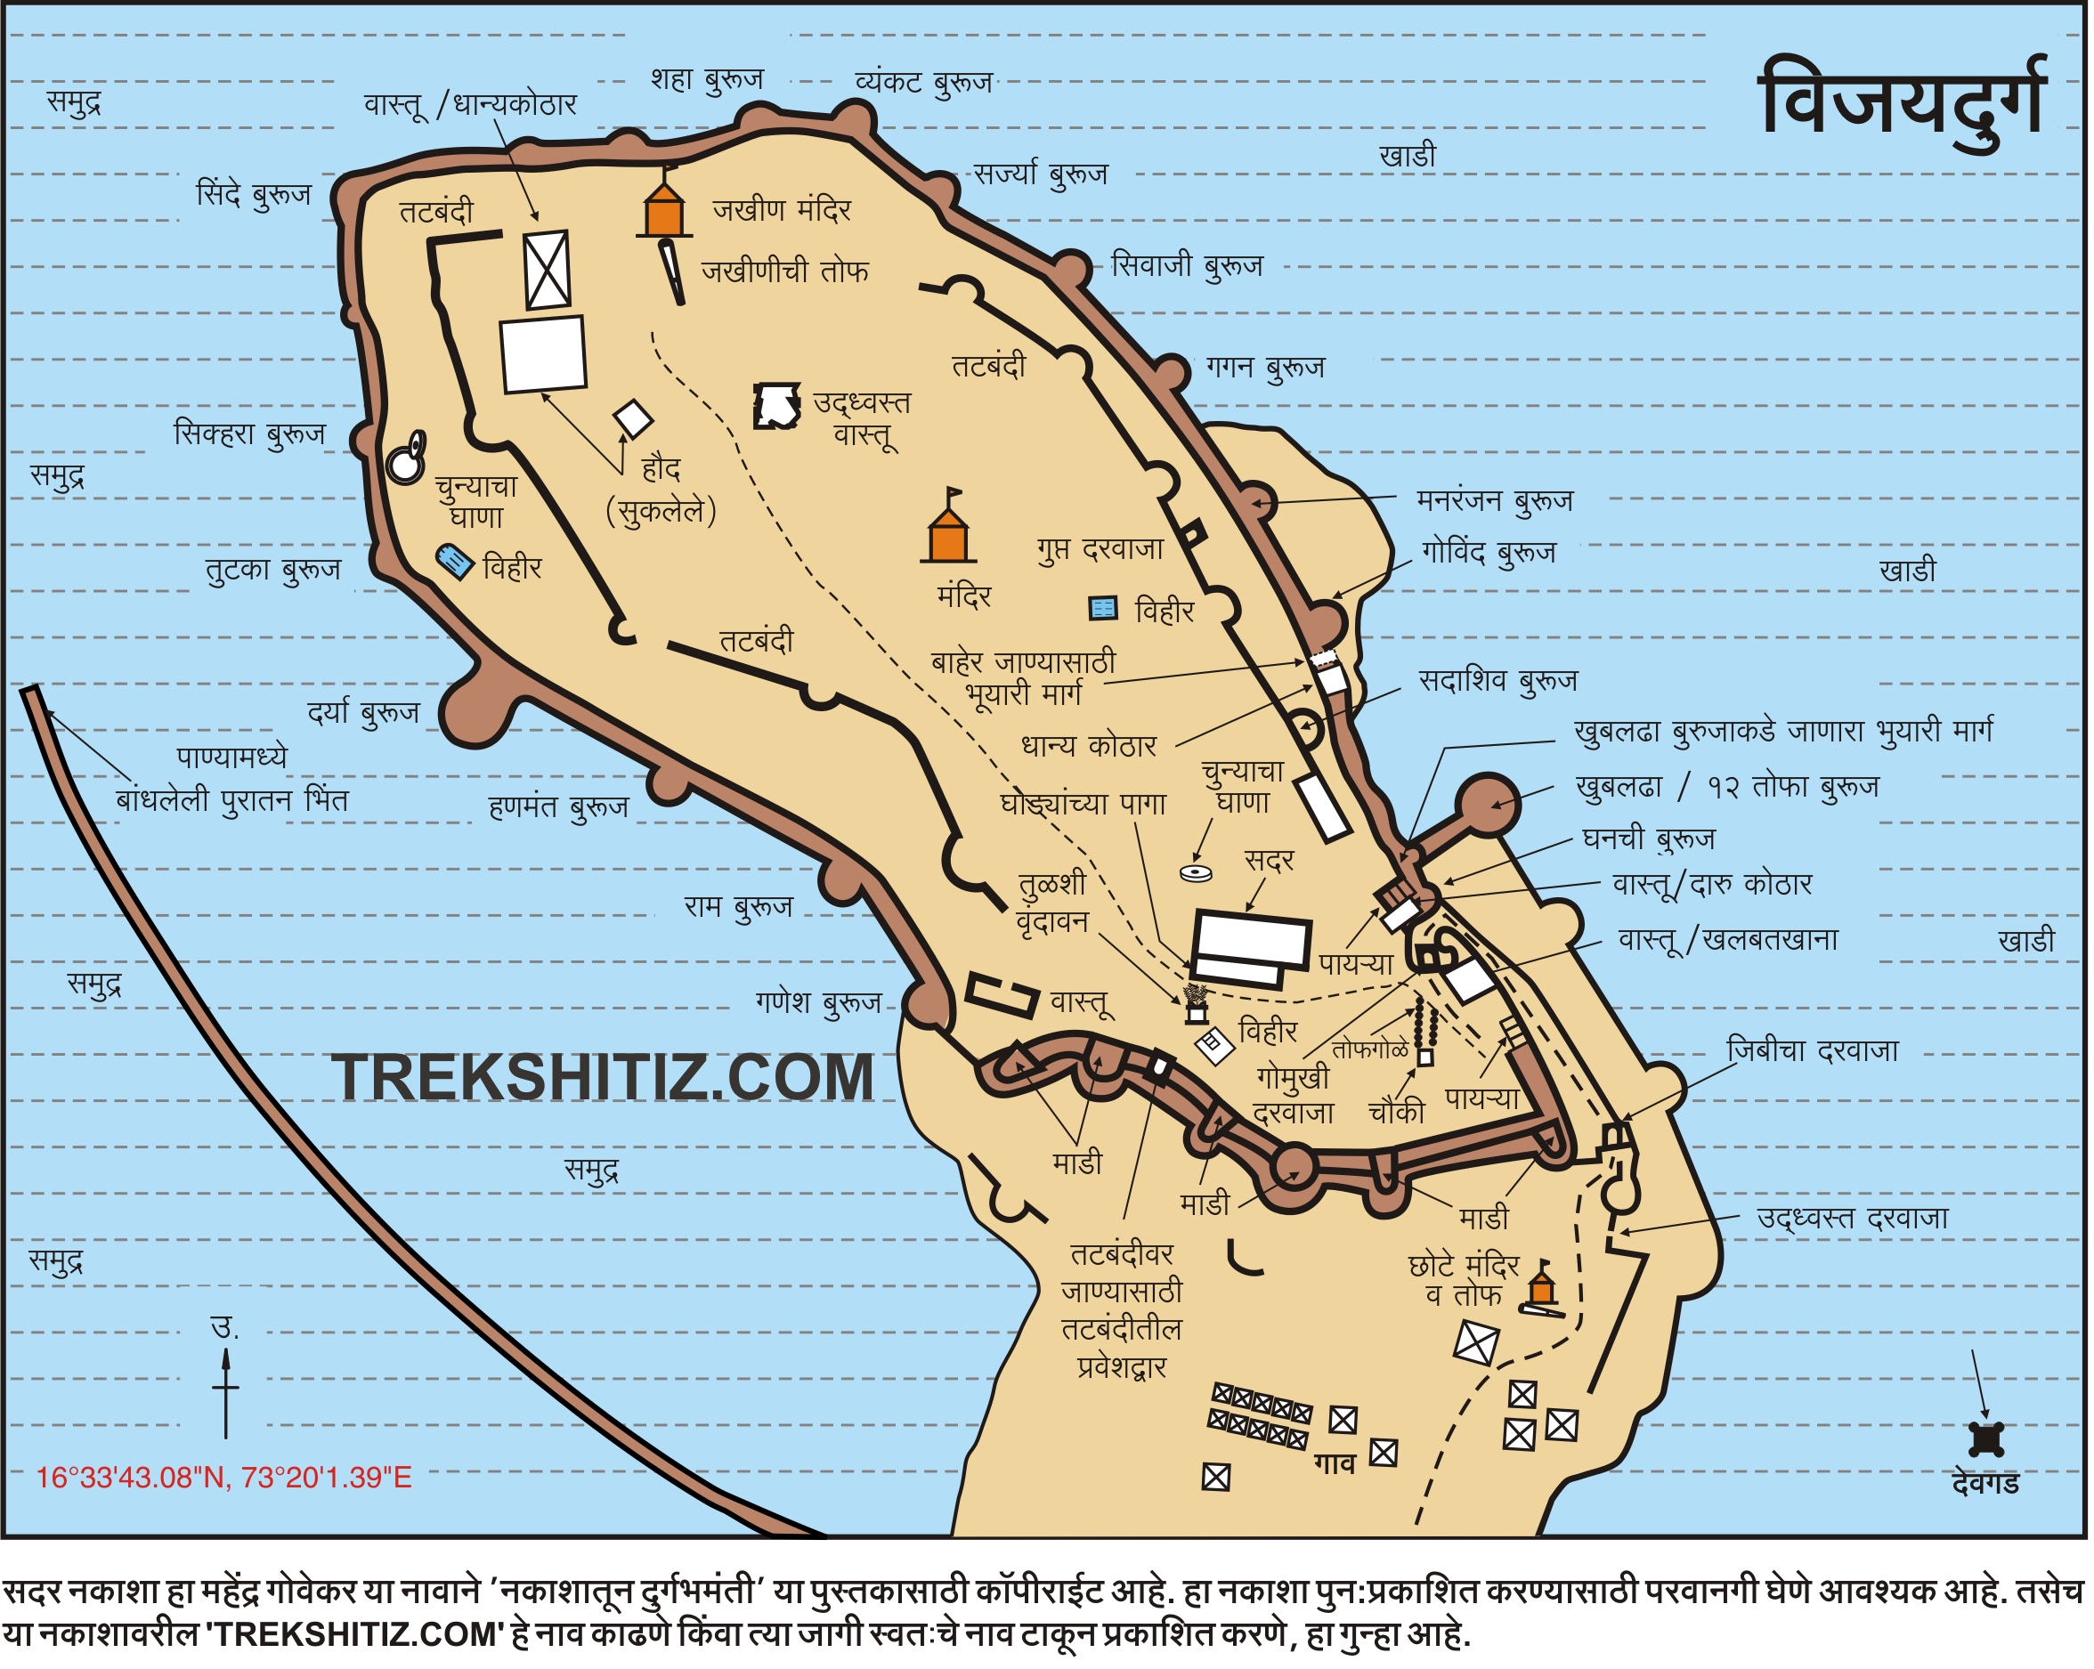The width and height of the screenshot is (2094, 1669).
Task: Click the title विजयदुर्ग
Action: (x=1903, y=102)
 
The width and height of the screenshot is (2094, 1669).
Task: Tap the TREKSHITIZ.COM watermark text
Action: (x=602, y=1079)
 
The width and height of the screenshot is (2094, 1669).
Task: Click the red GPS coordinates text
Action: (x=224, y=1478)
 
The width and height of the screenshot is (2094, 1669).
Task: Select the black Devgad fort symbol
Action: (x=1986, y=1438)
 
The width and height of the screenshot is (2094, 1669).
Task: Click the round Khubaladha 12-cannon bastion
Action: (x=1489, y=804)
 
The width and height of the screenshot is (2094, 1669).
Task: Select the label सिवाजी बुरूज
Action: (x=1187, y=265)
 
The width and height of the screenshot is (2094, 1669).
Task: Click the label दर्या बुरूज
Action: (x=363, y=714)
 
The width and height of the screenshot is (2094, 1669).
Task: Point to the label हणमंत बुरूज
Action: (x=558, y=806)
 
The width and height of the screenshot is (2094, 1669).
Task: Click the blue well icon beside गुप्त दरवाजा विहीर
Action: (x=1103, y=609)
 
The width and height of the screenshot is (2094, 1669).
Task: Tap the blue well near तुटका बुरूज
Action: (x=453, y=561)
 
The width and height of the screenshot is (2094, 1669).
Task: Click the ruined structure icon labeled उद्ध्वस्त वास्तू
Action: (x=777, y=406)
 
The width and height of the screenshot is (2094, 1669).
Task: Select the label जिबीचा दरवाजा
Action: (x=1812, y=1050)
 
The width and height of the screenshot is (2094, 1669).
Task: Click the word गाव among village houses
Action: (x=1335, y=1462)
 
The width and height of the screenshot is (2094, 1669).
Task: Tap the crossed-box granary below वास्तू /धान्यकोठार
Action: (x=547, y=270)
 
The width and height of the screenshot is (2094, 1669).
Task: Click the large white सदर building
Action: (x=1251, y=939)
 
